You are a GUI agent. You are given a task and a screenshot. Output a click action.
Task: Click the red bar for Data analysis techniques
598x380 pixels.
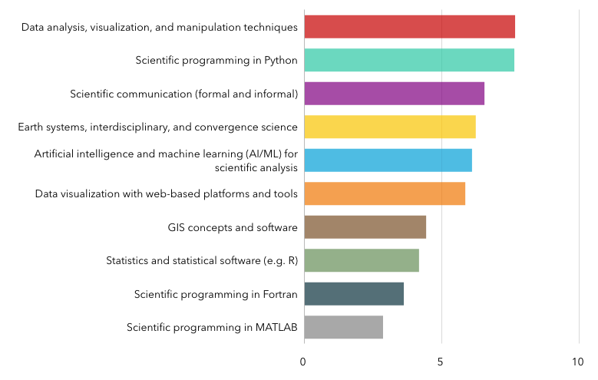[409, 27]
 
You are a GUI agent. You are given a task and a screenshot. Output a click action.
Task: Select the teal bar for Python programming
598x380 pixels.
[408, 60]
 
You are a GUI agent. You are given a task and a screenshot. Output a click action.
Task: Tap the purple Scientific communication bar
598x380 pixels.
[394, 94]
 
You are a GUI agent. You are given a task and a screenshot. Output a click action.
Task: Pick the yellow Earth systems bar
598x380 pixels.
[389, 127]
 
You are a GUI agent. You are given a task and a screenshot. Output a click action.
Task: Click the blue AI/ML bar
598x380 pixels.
[388, 160]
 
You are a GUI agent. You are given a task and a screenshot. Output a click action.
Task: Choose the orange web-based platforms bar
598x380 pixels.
[384, 193]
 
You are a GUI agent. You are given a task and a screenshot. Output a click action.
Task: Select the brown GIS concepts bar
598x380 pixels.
[365, 227]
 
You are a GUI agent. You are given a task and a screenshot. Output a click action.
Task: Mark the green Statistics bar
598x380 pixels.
[361, 260]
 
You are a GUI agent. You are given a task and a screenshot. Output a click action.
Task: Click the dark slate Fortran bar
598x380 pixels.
[353, 294]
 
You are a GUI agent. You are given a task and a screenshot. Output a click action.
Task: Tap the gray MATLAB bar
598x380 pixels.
[343, 327]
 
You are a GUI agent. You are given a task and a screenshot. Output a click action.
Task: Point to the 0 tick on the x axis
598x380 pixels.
[304, 361]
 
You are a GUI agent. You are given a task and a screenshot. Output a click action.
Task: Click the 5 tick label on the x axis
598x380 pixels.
[441, 361]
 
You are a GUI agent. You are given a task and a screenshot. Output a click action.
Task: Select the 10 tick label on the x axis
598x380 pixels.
[577, 361]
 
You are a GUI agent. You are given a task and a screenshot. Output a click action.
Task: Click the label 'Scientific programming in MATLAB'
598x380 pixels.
[212, 328]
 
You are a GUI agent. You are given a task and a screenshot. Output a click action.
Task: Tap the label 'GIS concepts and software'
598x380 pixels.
[232, 227]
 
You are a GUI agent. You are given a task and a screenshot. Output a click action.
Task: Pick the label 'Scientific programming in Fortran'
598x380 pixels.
[216, 294]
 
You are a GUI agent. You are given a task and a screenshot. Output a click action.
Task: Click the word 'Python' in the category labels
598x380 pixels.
[281, 61]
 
